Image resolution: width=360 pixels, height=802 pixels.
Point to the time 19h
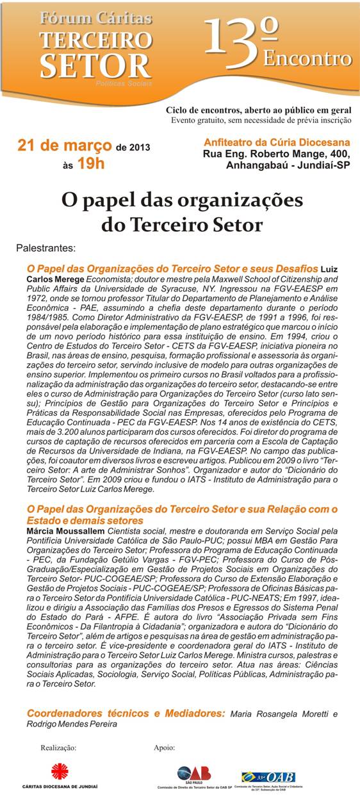coord(90,164)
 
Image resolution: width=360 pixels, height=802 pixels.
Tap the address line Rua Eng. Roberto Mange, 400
coord(277,154)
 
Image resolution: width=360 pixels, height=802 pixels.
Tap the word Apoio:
coord(165,747)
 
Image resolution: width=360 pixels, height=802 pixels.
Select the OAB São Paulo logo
coord(193,774)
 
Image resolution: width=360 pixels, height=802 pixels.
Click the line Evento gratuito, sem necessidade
coord(261,120)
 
